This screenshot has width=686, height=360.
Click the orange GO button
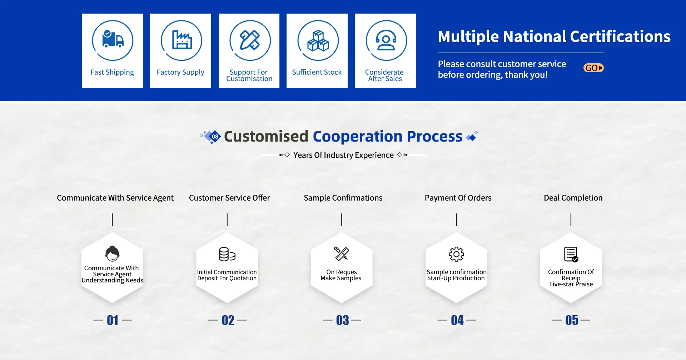[593, 68]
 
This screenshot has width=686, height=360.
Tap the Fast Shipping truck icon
[113, 39]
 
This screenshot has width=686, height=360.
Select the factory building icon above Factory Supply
[182, 40]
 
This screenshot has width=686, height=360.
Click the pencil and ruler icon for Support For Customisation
[250, 40]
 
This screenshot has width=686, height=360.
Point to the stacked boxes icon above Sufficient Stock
[318, 40]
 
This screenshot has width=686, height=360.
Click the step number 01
[113, 320]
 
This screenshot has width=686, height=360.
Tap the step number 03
[342, 320]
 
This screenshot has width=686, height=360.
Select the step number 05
[572, 320]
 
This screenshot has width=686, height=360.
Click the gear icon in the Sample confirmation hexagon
[456, 254]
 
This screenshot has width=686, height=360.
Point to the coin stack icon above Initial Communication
[227, 254]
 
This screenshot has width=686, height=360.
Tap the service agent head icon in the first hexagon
[113, 253]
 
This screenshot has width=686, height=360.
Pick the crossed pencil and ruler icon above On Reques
[342, 253]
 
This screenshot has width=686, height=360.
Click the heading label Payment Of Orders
[458, 198]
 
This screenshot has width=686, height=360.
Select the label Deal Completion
[573, 198]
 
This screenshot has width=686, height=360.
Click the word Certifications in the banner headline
[620, 36]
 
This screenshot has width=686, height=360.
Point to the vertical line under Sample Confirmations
[342, 220]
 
